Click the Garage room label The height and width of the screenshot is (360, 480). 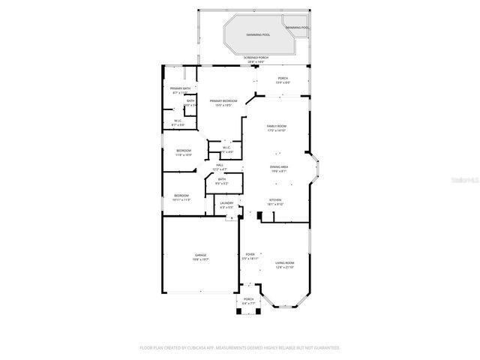click(200, 256)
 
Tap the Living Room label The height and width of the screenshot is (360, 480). click(284, 264)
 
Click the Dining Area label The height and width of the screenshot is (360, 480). click(279, 169)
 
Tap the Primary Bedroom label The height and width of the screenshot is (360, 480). click(223, 102)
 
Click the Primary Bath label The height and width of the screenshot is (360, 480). click(180, 89)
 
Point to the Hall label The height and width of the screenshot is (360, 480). click(220, 166)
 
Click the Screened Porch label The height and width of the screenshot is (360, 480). click(256, 58)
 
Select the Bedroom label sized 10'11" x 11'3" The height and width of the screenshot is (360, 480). click(181, 197)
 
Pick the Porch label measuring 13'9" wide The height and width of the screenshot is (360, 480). click(283, 79)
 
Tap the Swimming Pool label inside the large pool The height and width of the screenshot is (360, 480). click(258, 34)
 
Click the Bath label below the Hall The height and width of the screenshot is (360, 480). click(222, 181)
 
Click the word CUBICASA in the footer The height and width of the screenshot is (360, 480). click(211, 348)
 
